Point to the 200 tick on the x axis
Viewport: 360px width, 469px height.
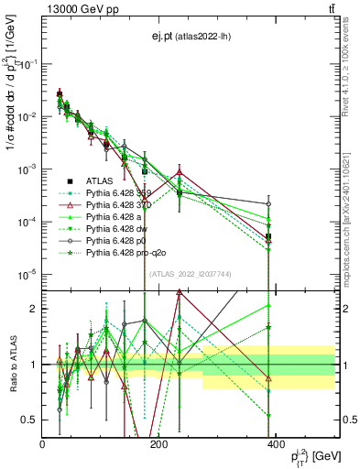coord(158,443)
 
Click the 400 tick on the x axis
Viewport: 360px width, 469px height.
coord(274,443)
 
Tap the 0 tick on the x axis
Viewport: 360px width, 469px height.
coord(43,443)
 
